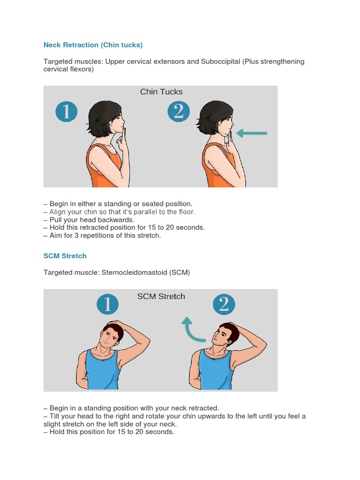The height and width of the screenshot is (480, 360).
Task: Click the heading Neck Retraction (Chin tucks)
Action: point(93,45)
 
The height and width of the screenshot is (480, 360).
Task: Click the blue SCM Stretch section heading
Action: point(65,256)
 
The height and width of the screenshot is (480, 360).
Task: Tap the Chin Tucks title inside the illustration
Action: point(161,92)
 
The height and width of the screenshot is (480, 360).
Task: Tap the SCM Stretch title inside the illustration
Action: point(161,296)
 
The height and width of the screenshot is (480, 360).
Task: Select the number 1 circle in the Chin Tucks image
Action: point(66,112)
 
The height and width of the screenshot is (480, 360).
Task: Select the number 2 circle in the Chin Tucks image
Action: point(179,112)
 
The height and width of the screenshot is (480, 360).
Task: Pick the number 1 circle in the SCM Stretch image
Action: point(107,305)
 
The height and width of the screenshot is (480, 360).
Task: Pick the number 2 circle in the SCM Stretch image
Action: point(224,305)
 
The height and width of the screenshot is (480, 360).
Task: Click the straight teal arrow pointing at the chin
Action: point(252,134)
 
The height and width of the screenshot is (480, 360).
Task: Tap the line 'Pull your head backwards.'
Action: point(89,219)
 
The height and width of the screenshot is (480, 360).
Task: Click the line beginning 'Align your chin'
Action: point(119,212)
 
